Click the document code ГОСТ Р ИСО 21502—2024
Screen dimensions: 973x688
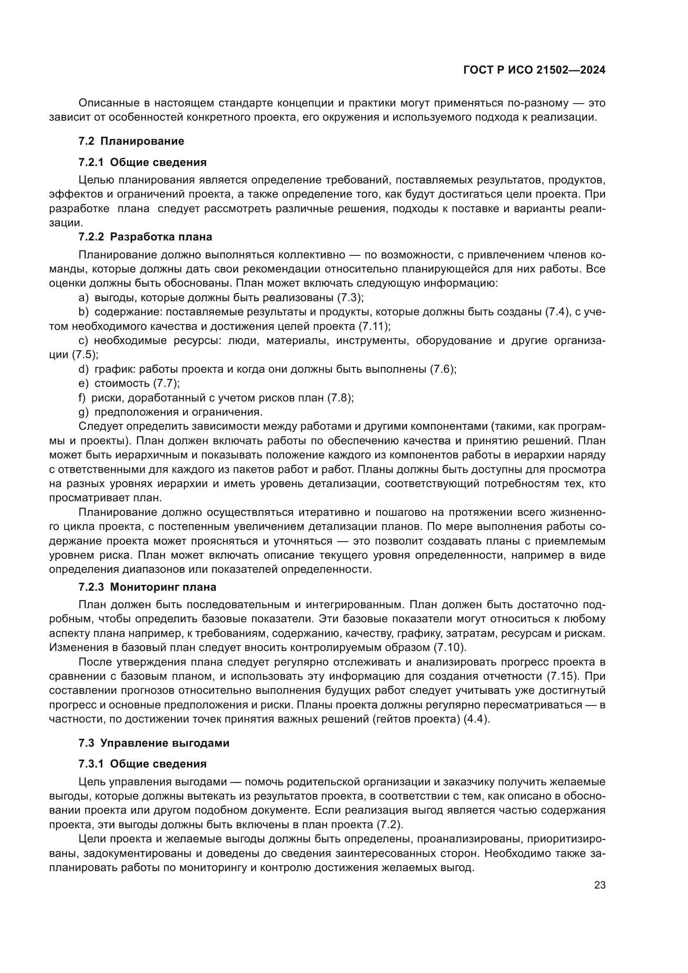tap(534, 70)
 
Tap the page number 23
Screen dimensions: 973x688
tap(599, 885)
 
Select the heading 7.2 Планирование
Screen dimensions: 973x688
tap(131, 141)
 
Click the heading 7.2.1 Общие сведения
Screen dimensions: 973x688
tap(142, 162)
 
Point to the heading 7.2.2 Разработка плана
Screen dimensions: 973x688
tap(145, 236)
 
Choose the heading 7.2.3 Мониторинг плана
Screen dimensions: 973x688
tap(147, 587)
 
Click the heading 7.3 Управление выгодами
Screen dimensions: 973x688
tap(154, 743)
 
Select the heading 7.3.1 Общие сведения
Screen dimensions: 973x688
tap(142, 764)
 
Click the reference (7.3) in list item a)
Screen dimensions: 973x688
tap(350, 297)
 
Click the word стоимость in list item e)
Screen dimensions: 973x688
tap(122, 384)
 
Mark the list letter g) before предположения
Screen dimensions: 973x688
tap(84, 412)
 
